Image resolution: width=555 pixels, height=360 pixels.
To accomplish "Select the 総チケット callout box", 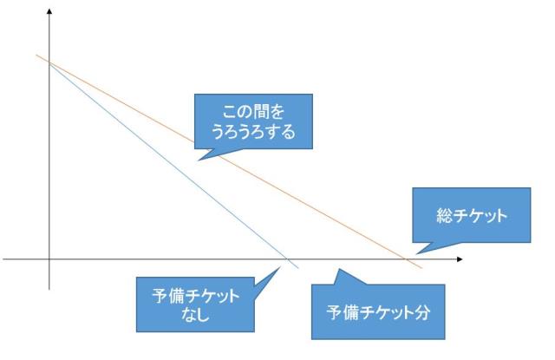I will click(x=472, y=214).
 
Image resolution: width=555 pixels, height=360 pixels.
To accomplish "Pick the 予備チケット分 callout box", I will click(x=377, y=311).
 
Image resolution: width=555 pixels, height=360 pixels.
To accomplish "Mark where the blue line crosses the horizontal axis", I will click(x=289, y=259).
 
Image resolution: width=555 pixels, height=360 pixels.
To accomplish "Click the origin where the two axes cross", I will click(x=49, y=259).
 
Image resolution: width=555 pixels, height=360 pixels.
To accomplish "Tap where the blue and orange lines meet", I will click(x=51, y=63).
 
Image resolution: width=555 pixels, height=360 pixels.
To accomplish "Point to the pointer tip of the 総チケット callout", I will click(x=417, y=254).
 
